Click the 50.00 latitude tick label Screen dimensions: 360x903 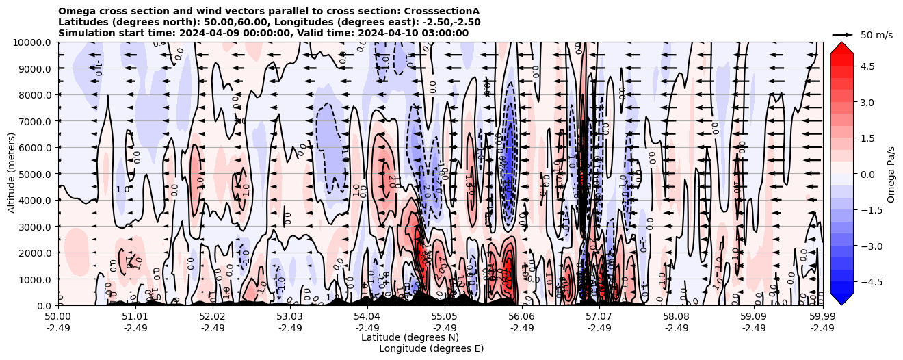(x=58, y=317)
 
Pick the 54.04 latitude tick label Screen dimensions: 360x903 (x=367, y=317)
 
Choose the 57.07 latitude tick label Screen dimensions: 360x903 (x=599, y=317)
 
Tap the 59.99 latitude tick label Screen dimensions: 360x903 (x=822, y=317)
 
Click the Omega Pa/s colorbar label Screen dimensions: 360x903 (x=891, y=174)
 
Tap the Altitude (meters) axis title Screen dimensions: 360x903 (x=12, y=174)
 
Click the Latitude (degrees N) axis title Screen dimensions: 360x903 (x=410, y=337)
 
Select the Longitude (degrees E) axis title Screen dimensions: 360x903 (x=431, y=348)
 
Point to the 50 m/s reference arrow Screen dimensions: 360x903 (x=843, y=34)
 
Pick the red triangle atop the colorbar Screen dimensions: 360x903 (x=841, y=47)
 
